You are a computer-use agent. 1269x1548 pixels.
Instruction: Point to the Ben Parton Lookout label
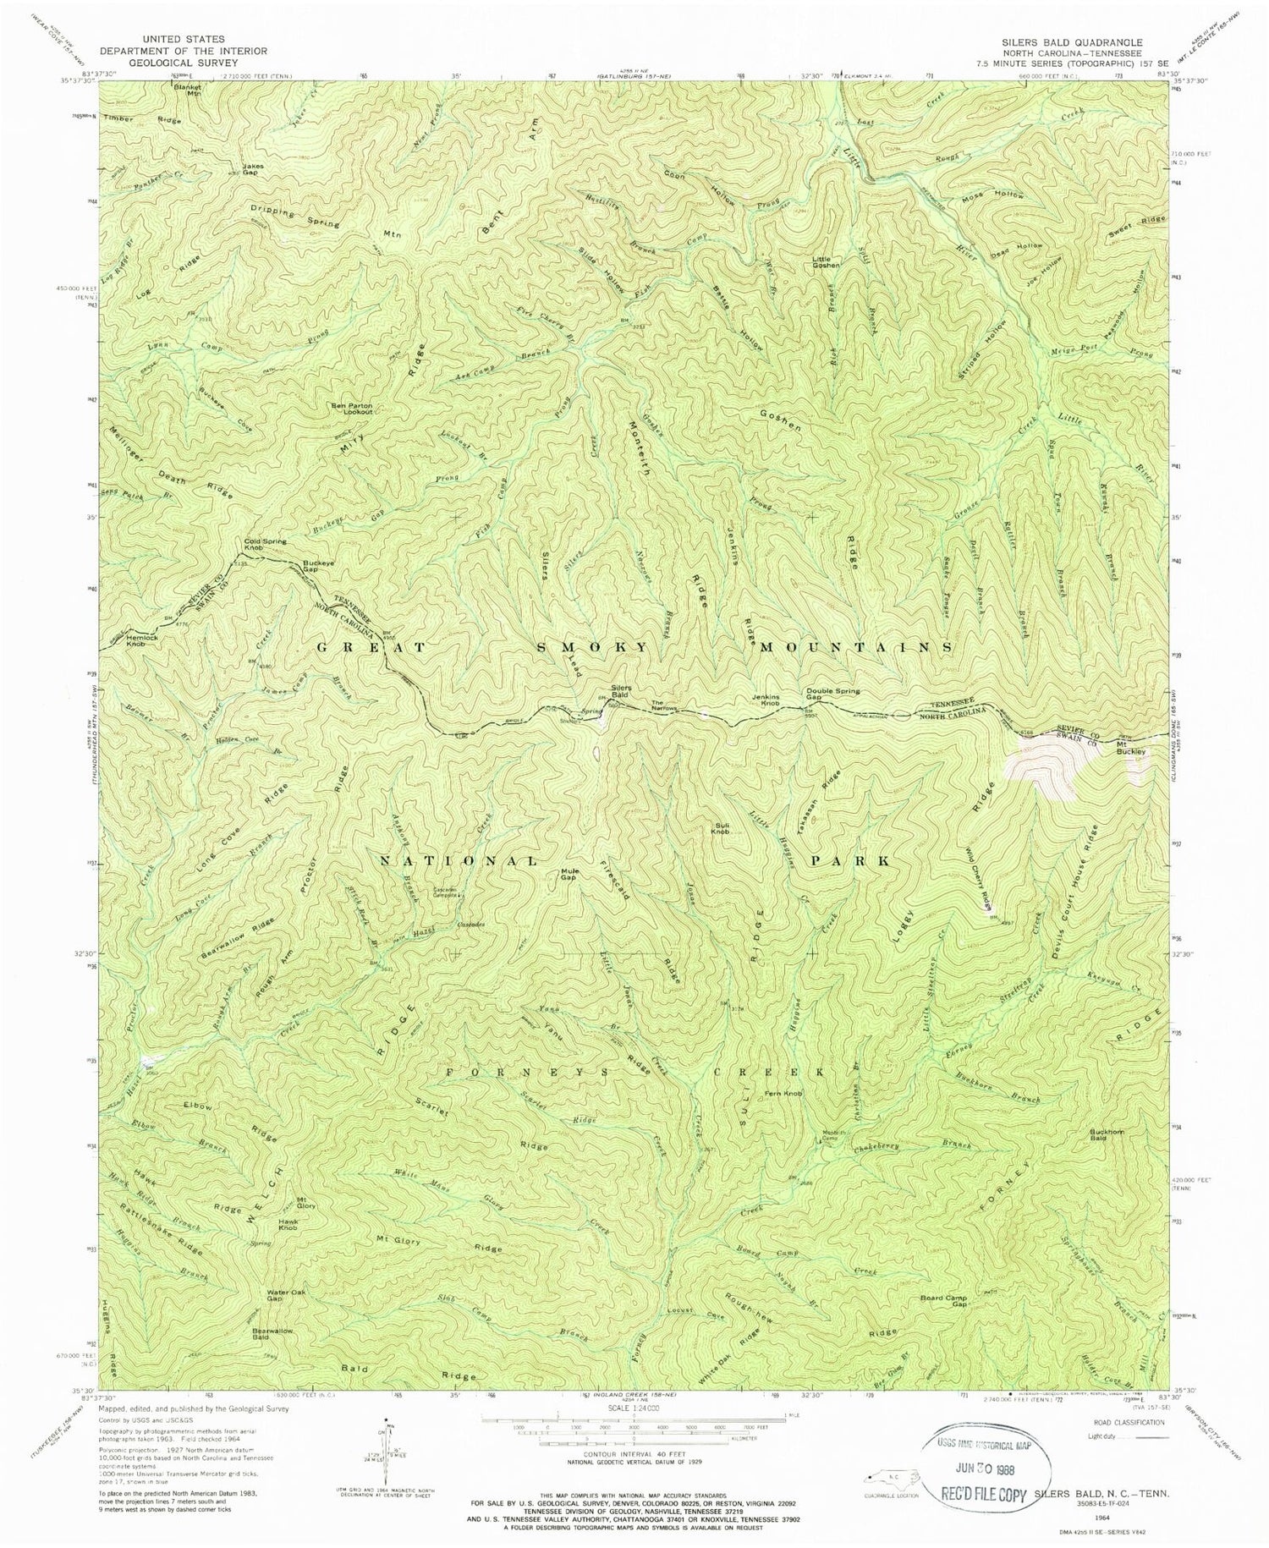click(x=350, y=409)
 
